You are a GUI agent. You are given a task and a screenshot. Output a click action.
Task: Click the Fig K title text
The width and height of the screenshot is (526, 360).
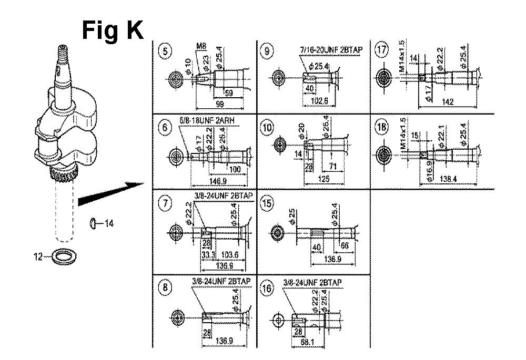click(113, 30)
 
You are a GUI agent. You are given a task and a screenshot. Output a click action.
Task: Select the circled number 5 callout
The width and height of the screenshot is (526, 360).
click(166, 51)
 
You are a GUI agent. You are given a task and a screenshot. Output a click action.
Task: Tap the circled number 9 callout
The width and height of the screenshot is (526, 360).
click(269, 51)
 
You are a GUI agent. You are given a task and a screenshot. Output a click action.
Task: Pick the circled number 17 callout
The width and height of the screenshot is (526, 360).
click(381, 51)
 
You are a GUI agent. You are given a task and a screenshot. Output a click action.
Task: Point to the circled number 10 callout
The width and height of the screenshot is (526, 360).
click(268, 128)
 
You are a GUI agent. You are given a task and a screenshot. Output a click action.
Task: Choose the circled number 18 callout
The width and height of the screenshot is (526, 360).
click(381, 128)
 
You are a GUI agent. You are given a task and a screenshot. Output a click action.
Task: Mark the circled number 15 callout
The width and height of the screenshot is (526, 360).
click(268, 204)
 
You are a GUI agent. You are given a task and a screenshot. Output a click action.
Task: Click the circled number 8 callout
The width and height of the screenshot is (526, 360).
click(166, 287)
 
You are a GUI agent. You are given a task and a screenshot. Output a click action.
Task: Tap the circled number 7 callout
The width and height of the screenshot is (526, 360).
click(166, 204)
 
